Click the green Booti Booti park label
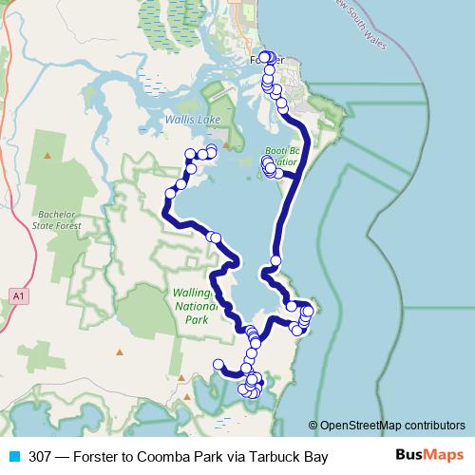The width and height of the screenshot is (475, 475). click(x=282, y=157)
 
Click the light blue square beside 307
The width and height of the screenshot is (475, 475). click(x=14, y=456)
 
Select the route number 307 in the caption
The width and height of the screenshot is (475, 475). click(x=41, y=456)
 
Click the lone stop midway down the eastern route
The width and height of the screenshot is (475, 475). click(x=275, y=260)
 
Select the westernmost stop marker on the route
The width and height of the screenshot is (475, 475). click(x=171, y=193)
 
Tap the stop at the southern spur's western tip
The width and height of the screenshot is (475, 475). click(x=218, y=364)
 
